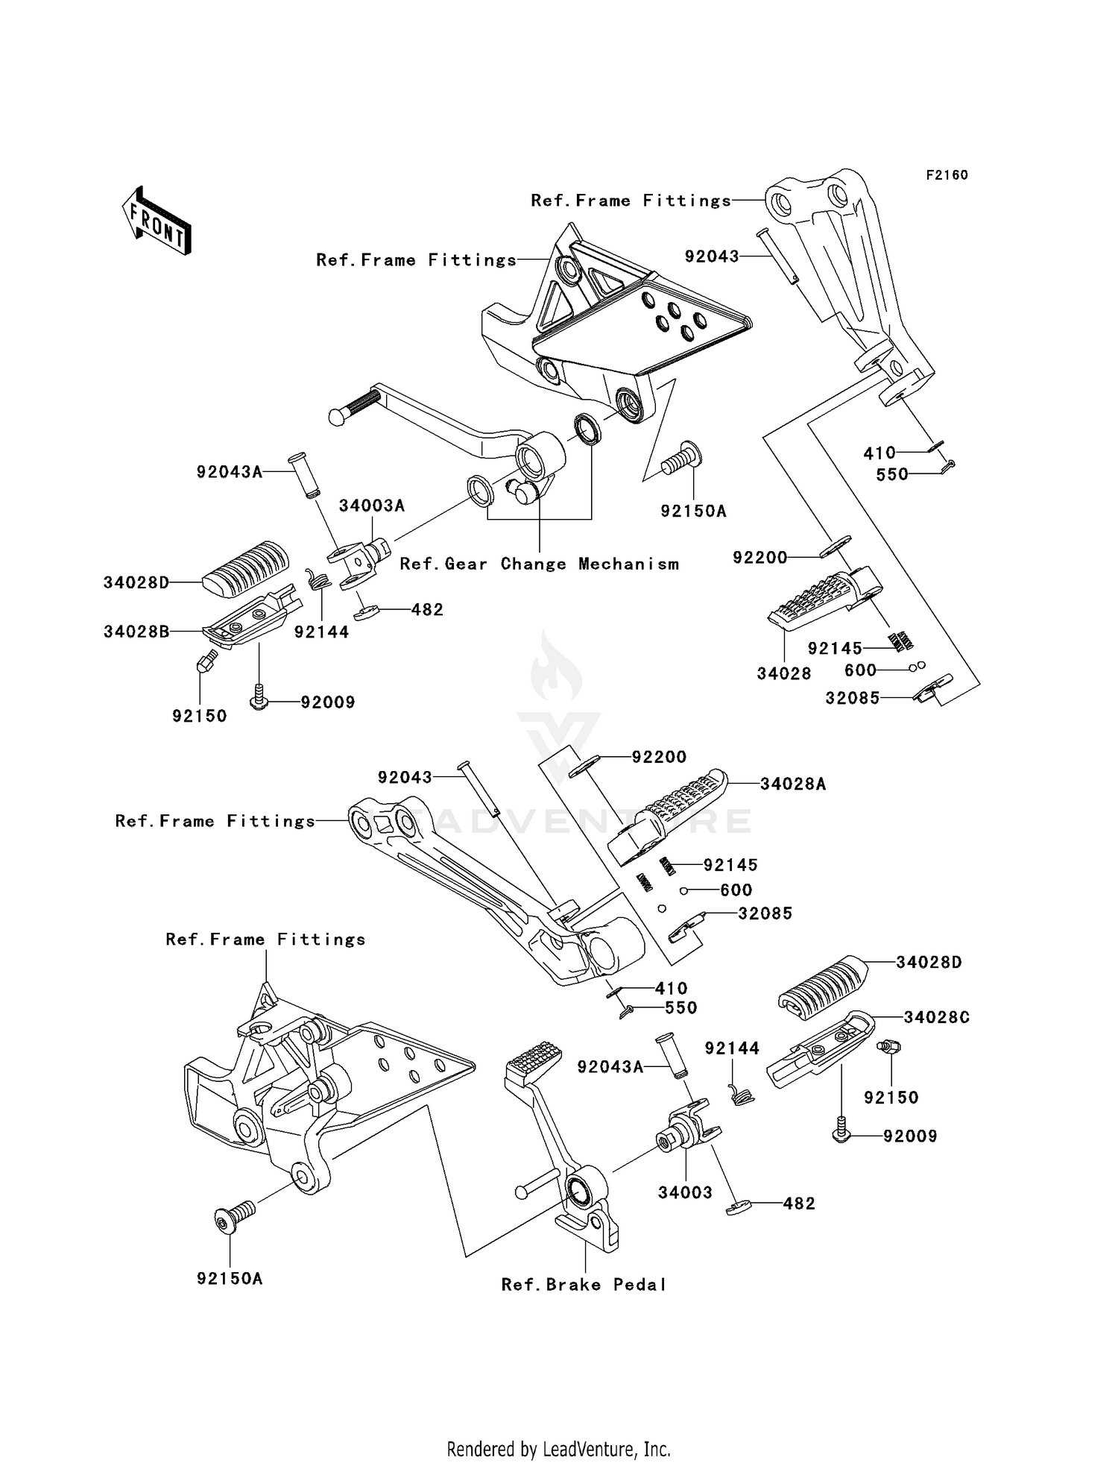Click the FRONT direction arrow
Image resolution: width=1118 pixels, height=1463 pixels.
click(157, 221)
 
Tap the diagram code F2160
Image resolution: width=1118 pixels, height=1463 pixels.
click(947, 175)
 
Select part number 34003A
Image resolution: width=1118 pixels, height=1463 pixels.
click(371, 506)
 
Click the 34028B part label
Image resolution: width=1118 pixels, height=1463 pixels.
click(136, 632)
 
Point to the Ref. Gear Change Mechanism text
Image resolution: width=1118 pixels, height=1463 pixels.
click(539, 564)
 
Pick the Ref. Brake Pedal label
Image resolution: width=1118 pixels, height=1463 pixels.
click(584, 1284)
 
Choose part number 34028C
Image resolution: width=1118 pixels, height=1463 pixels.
click(936, 1017)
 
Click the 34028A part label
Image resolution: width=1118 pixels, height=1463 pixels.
click(793, 784)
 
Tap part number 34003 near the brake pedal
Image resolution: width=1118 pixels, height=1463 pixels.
click(685, 1192)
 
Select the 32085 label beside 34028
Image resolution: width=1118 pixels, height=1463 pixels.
click(852, 698)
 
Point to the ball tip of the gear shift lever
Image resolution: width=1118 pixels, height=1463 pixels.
click(338, 416)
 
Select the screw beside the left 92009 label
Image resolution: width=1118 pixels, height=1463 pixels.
click(259, 699)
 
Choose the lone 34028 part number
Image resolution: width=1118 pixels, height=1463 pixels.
click(783, 673)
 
